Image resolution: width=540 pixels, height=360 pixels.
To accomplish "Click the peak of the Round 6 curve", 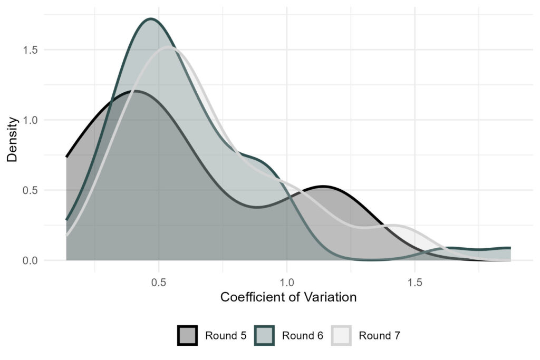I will point(151,20).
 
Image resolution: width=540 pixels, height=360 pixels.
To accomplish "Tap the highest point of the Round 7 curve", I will point(168,47).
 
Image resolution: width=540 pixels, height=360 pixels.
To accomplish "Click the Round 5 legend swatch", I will point(187,335).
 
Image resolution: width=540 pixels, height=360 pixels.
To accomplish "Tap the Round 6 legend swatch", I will point(264,335).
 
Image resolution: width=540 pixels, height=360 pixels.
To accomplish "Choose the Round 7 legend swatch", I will point(341,335).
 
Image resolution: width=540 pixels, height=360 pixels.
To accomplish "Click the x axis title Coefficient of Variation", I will point(288,297).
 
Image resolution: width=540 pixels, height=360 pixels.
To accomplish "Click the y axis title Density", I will point(13,139).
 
